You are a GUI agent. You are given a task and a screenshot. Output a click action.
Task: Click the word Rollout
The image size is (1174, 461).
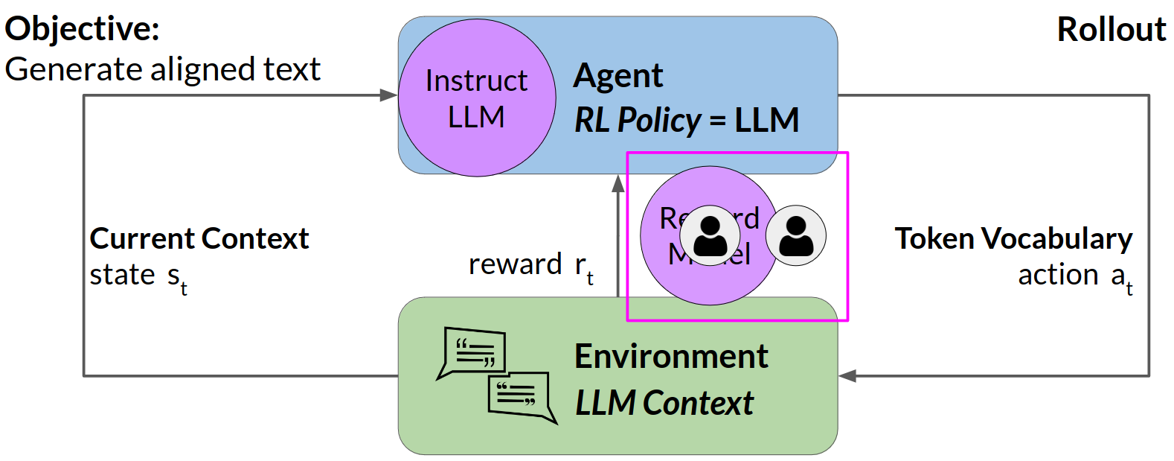click(x=1112, y=30)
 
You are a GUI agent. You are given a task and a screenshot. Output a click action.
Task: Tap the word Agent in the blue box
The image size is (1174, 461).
click(x=618, y=76)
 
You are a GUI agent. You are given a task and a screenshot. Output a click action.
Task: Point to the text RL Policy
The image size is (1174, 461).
click(x=638, y=120)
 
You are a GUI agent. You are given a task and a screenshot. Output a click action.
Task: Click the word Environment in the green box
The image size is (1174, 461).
click(x=671, y=356)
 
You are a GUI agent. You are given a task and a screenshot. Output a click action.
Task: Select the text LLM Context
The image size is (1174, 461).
click(x=664, y=403)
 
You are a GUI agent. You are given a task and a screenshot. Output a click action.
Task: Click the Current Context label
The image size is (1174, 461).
click(x=199, y=238)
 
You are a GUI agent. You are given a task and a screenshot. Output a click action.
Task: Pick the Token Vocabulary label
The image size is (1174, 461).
click(x=1013, y=238)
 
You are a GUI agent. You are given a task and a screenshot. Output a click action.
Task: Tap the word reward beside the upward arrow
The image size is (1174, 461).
click(x=515, y=264)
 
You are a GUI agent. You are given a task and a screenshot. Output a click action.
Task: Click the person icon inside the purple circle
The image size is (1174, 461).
click(x=711, y=235)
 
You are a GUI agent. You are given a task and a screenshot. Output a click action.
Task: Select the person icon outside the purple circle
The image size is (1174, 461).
click(x=796, y=235)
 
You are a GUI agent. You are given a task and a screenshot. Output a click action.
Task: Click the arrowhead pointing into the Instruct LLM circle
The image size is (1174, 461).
click(x=389, y=95)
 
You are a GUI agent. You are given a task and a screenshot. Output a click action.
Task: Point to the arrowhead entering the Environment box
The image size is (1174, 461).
click(x=847, y=375)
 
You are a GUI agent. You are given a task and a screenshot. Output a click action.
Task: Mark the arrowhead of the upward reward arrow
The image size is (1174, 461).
click(x=618, y=183)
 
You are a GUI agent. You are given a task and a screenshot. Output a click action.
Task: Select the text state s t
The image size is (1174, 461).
click(x=138, y=276)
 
